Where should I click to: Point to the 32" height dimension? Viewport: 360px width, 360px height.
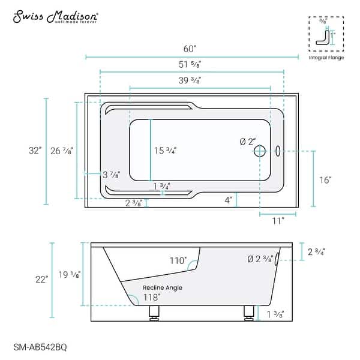tap(37, 151)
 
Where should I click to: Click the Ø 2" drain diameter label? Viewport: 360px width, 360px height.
tap(247, 142)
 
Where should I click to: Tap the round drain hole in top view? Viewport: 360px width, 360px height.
tap(260, 151)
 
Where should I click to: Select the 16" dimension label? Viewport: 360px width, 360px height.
tap(326, 179)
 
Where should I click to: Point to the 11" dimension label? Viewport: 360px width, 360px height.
tap(278, 220)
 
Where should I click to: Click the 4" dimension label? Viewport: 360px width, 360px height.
tap(228, 200)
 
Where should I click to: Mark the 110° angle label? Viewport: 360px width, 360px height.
tap(178, 262)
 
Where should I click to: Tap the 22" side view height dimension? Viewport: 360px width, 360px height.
tap(40, 280)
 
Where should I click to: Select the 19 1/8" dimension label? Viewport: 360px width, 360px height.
tap(71, 275)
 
